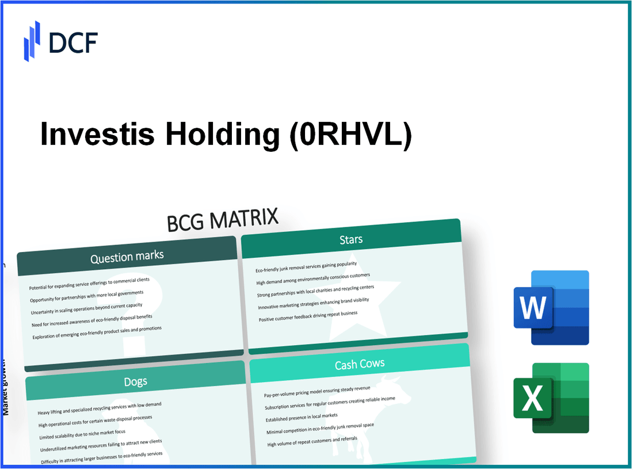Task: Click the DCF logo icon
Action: coord(32,41)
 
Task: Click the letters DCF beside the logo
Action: coord(73,42)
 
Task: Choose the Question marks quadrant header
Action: coord(127,257)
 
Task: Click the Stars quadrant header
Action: coord(350,239)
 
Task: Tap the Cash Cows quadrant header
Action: coord(360,364)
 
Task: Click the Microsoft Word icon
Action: coord(551,307)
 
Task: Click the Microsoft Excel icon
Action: coord(551,398)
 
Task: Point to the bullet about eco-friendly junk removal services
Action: coord(306,267)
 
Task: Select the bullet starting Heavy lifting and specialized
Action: coord(99,408)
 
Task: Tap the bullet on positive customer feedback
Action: coord(308,316)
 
